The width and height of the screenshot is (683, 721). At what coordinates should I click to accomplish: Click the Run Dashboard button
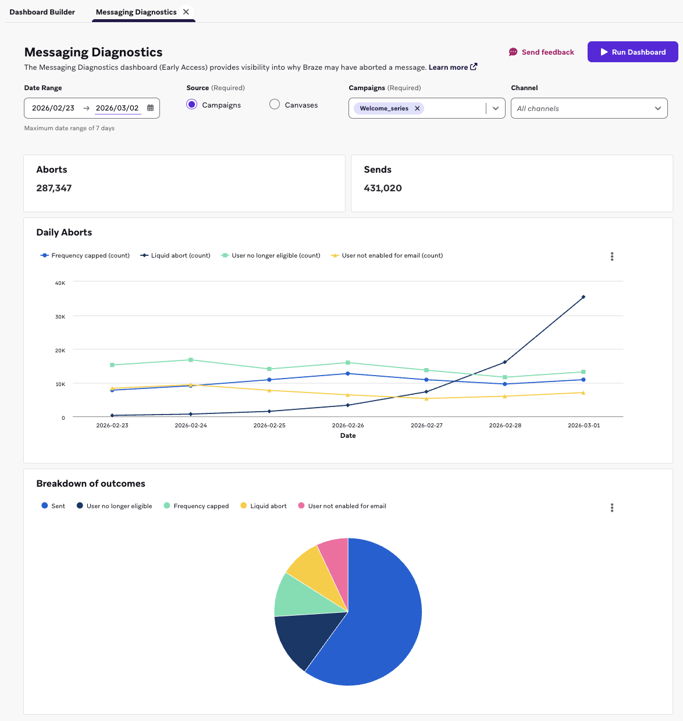(632, 52)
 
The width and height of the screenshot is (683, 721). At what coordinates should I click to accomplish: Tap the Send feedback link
(541, 52)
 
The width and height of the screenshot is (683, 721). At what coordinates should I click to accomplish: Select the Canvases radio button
(275, 105)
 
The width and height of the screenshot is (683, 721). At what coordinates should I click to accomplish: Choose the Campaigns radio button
(192, 105)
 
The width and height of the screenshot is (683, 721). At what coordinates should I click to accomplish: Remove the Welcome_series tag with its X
(417, 109)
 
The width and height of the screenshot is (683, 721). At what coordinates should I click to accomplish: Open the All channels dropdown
(589, 109)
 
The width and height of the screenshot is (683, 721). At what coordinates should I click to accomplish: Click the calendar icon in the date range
(151, 108)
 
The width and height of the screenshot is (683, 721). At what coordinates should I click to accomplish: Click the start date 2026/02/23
(53, 108)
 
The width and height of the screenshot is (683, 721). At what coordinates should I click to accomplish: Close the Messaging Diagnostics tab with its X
(186, 12)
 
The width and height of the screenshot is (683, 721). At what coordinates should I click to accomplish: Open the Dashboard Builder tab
(42, 12)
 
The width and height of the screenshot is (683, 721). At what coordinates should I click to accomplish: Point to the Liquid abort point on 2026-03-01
(584, 297)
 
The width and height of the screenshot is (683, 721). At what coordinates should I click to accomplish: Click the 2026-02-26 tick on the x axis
(348, 426)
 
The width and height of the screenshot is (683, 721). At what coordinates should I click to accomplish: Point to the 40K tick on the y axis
(60, 283)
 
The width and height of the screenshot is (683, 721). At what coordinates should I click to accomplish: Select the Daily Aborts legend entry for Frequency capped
(85, 256)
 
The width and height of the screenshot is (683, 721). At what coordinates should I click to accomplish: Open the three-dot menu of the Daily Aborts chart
(612, 256)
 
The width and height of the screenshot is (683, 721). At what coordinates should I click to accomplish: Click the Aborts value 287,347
(54, 188)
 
